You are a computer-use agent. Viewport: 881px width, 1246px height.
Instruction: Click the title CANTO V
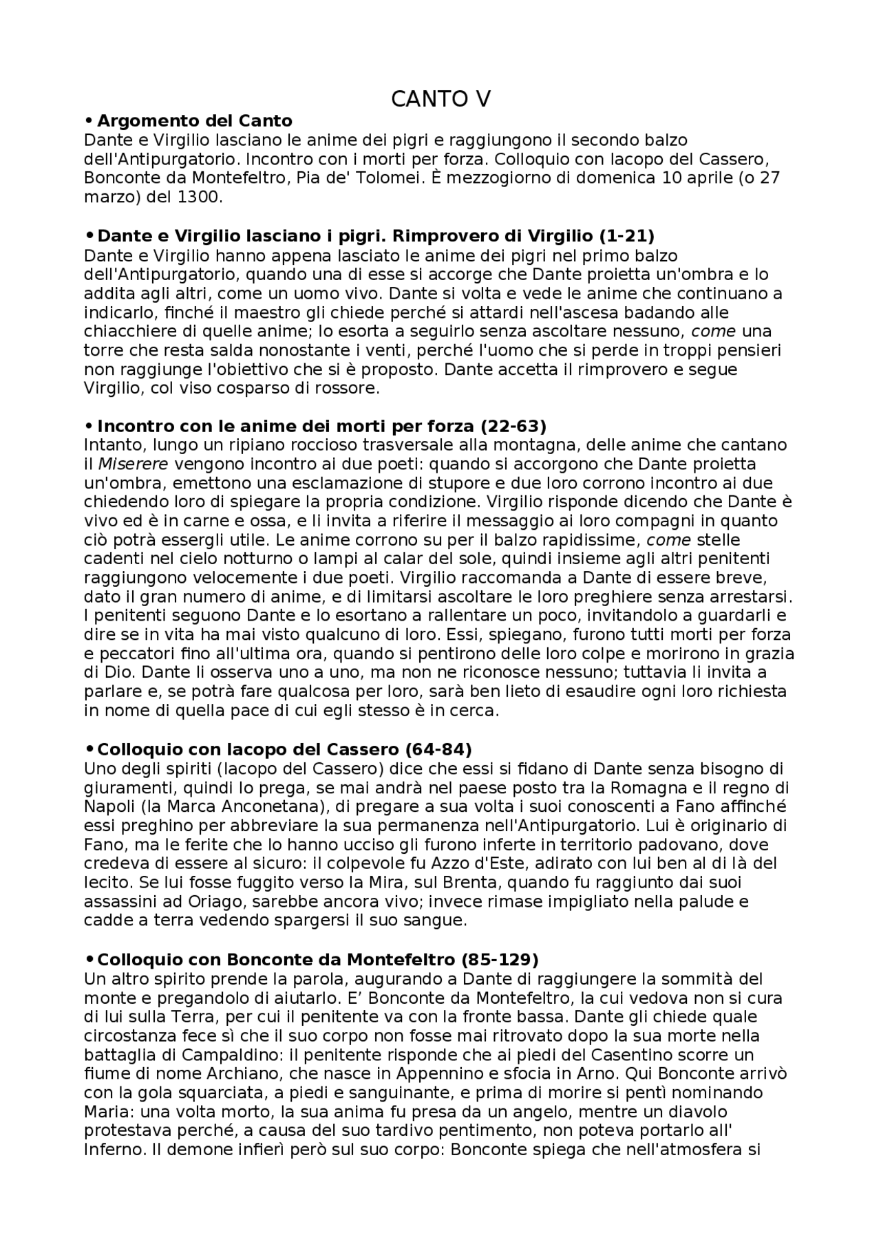tap(440, 100)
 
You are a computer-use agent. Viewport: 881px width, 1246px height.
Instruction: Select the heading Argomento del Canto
tap(195, 121)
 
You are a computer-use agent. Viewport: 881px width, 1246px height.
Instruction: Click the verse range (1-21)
tap(626, 236)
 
